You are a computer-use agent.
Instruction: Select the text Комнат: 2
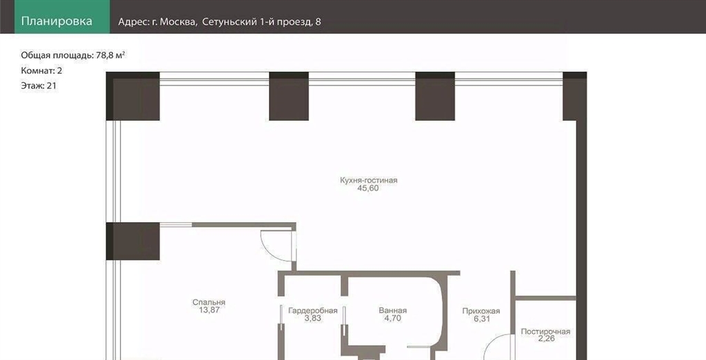point(41,71)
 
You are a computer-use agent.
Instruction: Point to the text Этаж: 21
point(39,86)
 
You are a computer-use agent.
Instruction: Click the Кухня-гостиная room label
point(369,180)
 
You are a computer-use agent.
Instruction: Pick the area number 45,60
point(368,188)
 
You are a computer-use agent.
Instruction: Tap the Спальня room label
point(209,302)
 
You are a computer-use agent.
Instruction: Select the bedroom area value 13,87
point(209,310)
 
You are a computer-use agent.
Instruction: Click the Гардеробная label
point(313,310)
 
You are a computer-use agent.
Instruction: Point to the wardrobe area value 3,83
point(313,318)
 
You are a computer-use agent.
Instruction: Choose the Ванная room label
point(392,310)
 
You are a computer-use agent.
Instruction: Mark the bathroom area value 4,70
point(392,318)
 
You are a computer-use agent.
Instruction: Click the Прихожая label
point(481,311)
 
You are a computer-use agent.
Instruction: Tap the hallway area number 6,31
point(481,319)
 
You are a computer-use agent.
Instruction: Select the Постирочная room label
point(545,332)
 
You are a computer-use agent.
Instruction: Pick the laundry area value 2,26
point(546,339)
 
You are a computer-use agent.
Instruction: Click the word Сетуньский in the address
point(229,21)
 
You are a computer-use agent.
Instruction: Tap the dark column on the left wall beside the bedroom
point(133,241)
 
